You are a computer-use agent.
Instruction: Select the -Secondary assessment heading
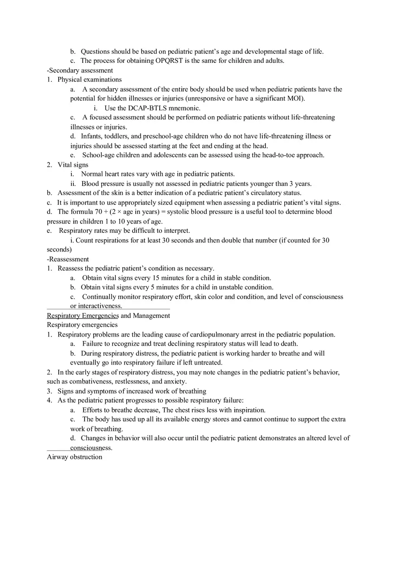(80, 70)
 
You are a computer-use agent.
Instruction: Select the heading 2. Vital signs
(68, 165)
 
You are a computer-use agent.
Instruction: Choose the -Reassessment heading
(68, 259)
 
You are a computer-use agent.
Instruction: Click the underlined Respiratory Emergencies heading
(83, 316)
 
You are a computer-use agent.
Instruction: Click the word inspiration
(248, 410)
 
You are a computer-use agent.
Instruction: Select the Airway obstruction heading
(75, 457)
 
